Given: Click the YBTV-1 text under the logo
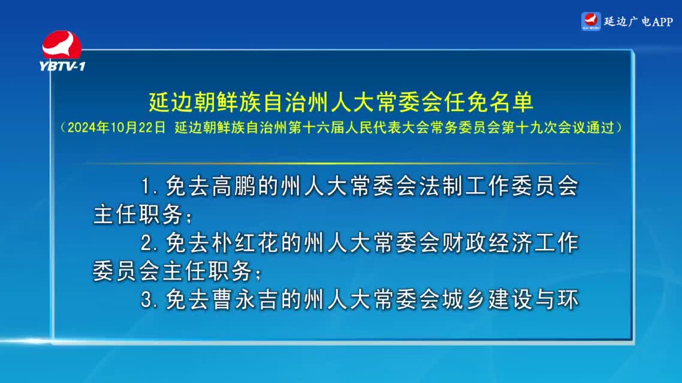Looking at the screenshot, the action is tap(62, 66).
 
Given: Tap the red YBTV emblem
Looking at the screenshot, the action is tap(62, 44).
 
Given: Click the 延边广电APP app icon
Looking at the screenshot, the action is tap(591, 22).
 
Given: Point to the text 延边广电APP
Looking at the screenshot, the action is tap(638, 22).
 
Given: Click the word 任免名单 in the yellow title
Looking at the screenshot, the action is tap(489, 102).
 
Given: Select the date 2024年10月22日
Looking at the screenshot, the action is tap(117, 127).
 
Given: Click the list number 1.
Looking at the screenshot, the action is tap(147, 187).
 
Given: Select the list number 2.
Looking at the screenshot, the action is tap(147, 243).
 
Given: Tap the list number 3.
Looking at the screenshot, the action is tap(147, 300).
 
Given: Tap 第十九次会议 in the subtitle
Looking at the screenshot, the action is tap(544, 127).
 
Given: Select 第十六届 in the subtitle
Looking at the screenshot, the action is tap(316, 127).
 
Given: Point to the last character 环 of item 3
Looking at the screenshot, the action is tap(567, 300).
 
